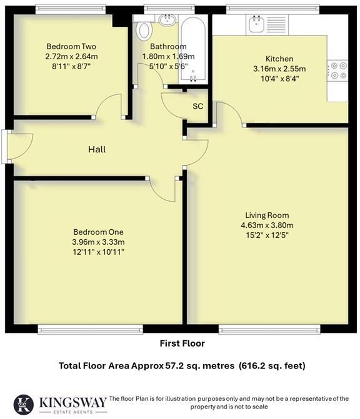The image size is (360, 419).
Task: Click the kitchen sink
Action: pos(256,25)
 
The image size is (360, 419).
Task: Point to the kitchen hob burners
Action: pos(338,70)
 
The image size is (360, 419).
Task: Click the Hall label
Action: pos(96,149)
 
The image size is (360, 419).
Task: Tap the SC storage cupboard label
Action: pos(197,106)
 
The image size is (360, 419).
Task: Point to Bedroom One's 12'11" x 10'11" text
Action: pos(98,252)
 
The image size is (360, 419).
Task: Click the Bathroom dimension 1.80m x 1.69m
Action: pos(168,56)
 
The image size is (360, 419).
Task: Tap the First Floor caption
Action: pos(182,343)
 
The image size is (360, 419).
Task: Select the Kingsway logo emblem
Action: pos(22,404)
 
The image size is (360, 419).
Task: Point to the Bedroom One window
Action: pos(90,329)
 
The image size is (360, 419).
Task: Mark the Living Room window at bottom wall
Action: pos(271,329)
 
